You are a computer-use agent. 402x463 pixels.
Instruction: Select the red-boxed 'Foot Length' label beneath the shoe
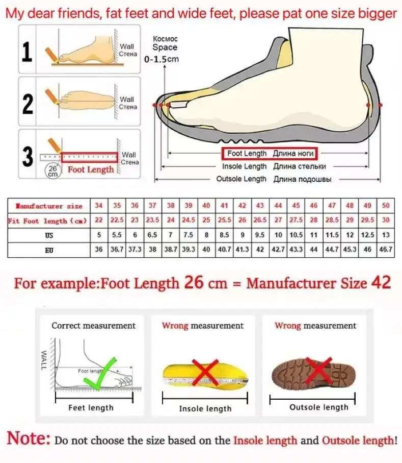269,153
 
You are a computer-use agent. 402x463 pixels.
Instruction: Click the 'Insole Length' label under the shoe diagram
244,166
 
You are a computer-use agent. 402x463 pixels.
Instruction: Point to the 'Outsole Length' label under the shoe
241,179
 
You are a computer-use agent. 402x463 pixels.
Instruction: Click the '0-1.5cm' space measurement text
162,59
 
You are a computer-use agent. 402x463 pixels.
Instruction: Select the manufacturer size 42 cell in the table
243,206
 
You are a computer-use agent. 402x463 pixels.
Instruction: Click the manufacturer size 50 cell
385,206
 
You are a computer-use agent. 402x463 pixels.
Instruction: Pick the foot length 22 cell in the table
99,221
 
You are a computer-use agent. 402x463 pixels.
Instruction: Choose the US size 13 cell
385,235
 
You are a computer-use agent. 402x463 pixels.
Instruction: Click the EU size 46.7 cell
385,250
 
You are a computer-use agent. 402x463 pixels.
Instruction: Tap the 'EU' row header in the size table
49,250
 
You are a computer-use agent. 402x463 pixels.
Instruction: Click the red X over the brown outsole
319,372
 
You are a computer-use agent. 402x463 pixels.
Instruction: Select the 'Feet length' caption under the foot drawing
91,408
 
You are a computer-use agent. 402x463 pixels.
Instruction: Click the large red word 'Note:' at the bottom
29,438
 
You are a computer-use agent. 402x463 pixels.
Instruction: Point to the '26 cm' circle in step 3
52,170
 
